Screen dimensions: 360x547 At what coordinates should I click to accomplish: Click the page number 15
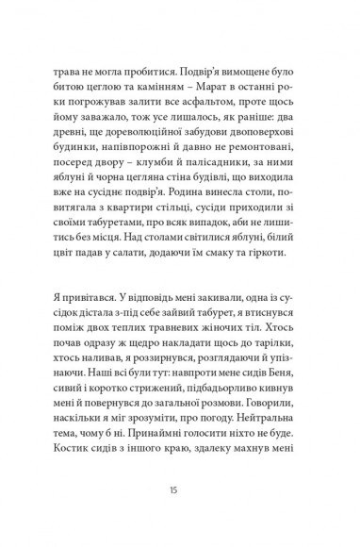coord(180,489)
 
